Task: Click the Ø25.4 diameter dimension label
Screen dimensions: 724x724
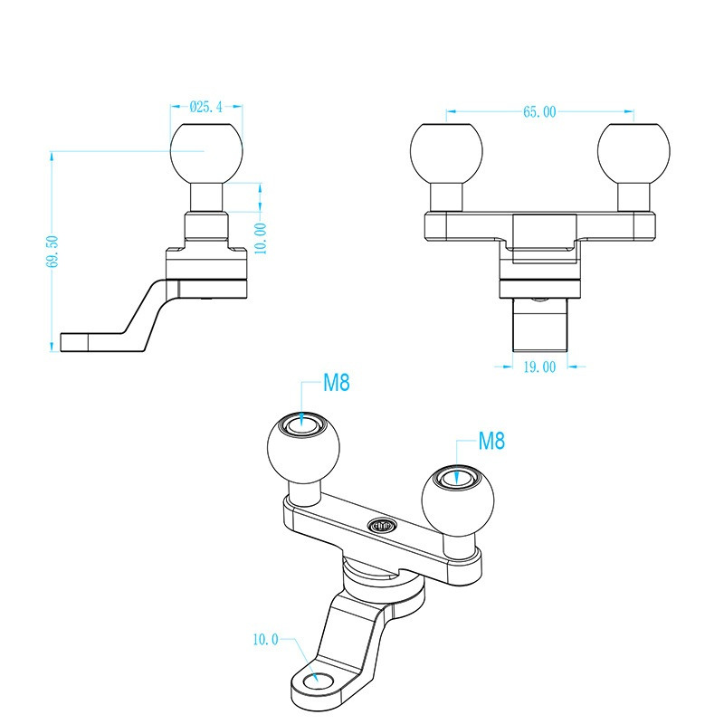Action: coord(206,107)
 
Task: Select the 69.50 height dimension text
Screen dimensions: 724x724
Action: coord(52,252)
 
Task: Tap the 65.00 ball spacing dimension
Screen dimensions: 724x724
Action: coord(539,111)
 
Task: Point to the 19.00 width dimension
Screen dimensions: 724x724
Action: coord(539,367)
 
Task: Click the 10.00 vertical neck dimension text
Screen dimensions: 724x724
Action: coord(261,238)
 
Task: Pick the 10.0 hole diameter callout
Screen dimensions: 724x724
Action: coord(265,640)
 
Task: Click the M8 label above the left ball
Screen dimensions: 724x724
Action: coord(336,382)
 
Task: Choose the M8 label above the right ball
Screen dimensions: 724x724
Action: coord(491,441)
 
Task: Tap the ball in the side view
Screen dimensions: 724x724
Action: coord(206,150)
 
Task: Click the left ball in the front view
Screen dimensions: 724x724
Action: coord(446,150)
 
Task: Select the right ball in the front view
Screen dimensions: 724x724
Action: coord(633,150)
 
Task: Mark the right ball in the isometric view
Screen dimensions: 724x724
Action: coord(458,501)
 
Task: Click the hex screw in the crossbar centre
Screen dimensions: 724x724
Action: coord(382,525)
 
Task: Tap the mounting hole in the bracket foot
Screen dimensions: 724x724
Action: coord(319,680)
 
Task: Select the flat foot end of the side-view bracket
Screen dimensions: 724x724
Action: coord(74,342)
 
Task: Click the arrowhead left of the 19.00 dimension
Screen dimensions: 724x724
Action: coord(508,367)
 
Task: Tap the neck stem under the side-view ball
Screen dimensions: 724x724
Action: coord(207,197)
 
